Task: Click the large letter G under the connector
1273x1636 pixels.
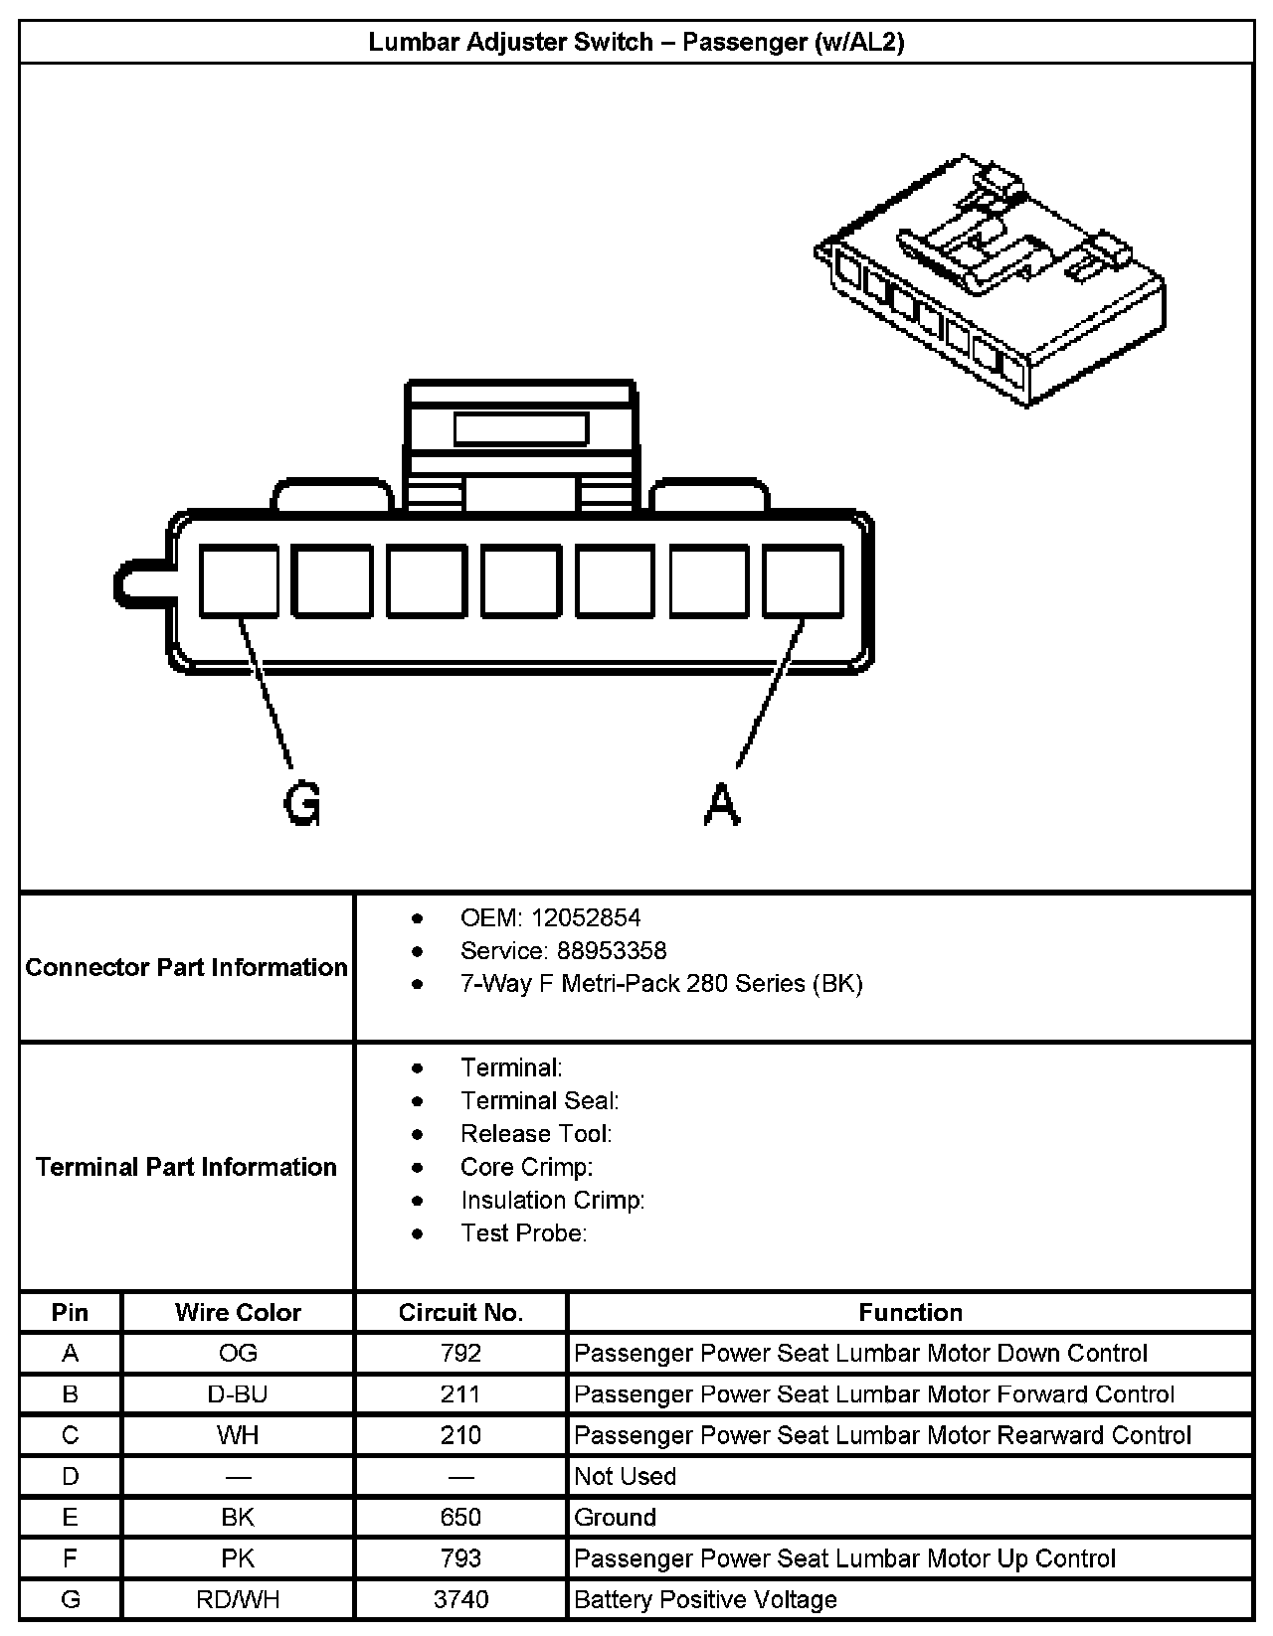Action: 302,803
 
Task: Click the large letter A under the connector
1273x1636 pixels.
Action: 722,803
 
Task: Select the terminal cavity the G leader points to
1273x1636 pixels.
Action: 239,581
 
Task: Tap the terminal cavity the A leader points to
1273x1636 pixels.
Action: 803,581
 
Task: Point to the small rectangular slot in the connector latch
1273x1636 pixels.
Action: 520,429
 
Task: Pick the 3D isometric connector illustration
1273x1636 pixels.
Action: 990,280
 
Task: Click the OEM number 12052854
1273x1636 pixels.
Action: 586,917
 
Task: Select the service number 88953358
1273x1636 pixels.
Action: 612,951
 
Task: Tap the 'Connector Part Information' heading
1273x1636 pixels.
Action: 186,967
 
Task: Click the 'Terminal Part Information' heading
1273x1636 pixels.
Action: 186,1167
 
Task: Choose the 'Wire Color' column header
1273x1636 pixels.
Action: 238,1313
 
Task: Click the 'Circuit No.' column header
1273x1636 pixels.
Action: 460,1313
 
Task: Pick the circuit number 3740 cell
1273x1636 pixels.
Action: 461,1599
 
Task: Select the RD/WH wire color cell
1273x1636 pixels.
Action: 238,1599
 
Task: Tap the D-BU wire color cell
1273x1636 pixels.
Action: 238,1394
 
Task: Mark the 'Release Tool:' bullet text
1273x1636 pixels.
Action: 536,1134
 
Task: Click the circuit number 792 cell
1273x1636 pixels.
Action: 461,1354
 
